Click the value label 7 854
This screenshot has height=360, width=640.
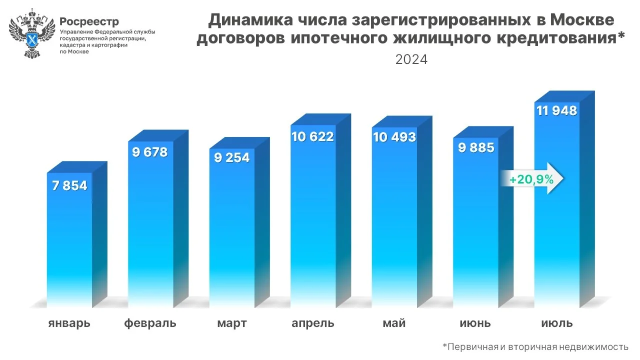[69, 186]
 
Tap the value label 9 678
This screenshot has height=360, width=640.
[150, 152]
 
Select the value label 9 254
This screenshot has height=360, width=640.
[231, 157]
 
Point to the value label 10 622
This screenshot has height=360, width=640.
[312, 136]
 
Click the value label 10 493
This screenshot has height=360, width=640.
[394, 137]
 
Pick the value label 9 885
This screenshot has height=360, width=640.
[475, 147]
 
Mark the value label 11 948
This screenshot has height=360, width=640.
[556, 110]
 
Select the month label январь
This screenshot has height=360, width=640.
[69, 323]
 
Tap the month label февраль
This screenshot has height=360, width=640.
[150, 323]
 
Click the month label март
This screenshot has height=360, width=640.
[231, 323]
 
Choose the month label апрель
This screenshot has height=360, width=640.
[313, 323]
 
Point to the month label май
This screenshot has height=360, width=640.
[394, 323]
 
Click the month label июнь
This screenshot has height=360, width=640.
[475, 323]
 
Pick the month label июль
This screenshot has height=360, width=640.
[556, 323]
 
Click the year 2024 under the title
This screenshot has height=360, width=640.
[411, 59]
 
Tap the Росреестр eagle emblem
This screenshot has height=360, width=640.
[32, 33]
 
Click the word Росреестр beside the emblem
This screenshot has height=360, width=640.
[89, 21]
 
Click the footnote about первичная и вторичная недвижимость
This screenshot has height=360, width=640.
[535, 346]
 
